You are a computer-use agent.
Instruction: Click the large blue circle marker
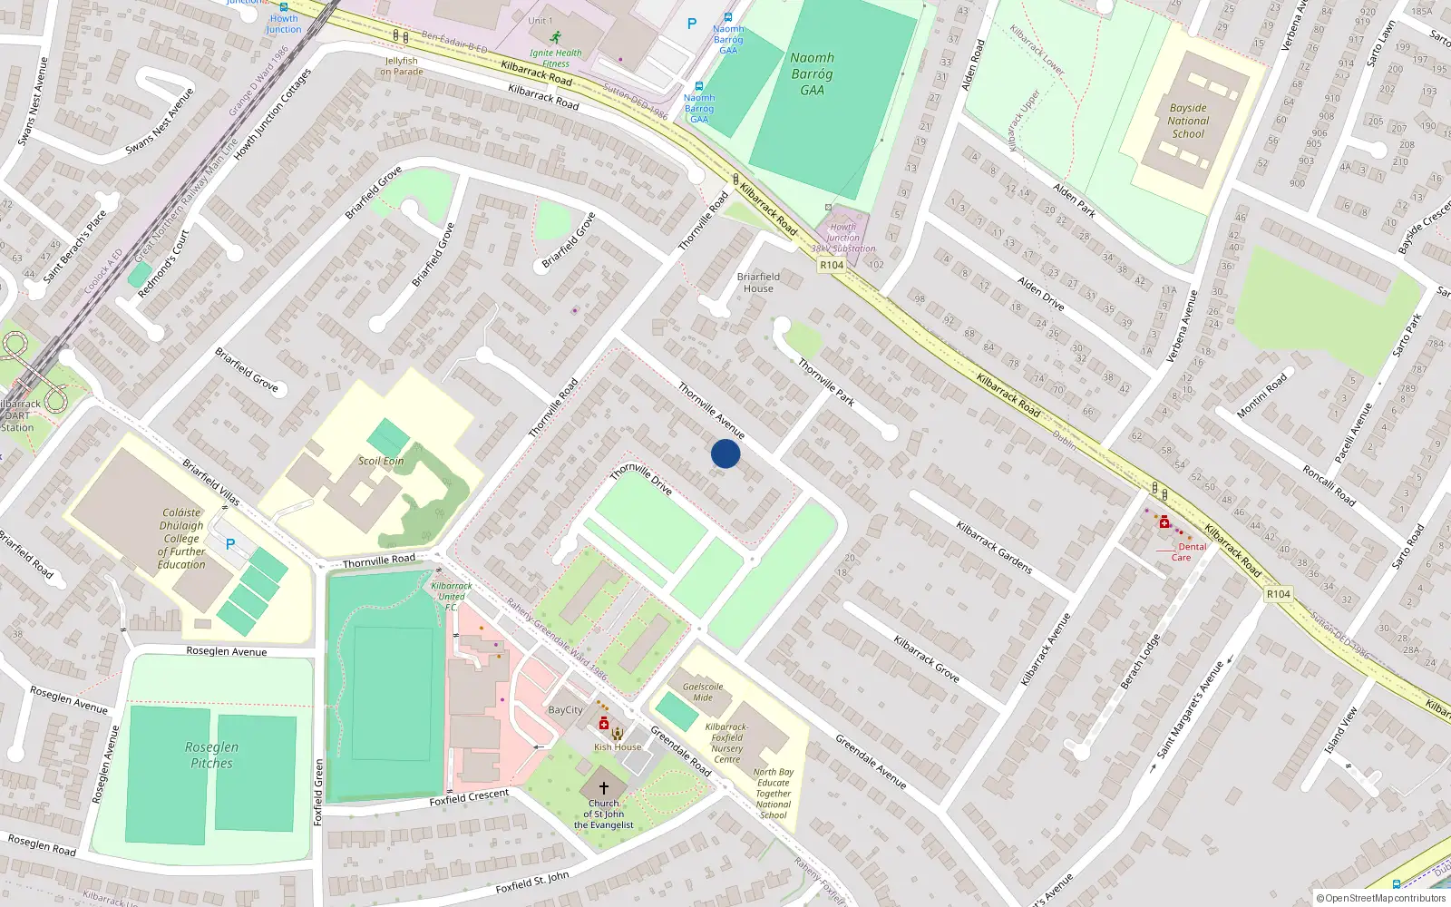point(725,453)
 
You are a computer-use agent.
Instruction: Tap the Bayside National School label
point(1188,121)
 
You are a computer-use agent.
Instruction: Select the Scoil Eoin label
point(381,461)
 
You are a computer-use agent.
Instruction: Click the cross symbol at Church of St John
point(604,788)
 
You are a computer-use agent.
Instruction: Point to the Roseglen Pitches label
point(211,755)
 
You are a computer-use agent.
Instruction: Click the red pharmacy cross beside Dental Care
point(1164,522)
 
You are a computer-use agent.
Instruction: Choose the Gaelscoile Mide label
point(703,692)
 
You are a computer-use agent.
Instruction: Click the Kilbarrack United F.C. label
point(451,596)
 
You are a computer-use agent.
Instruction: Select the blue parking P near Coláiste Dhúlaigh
point(230,544)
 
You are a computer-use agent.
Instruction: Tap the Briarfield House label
point(758,282)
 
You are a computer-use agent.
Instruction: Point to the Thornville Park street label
point(826,382)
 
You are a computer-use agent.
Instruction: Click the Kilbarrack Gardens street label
point(994,547)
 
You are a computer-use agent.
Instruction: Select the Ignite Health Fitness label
point(556,58)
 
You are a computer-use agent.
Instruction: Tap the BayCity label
point(566,710)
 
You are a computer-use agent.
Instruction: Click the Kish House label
point(618,747)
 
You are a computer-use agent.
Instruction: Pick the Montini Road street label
point(1262,396)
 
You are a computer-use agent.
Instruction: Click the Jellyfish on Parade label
point(402,66)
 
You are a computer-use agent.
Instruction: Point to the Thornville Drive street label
point(641,479)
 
